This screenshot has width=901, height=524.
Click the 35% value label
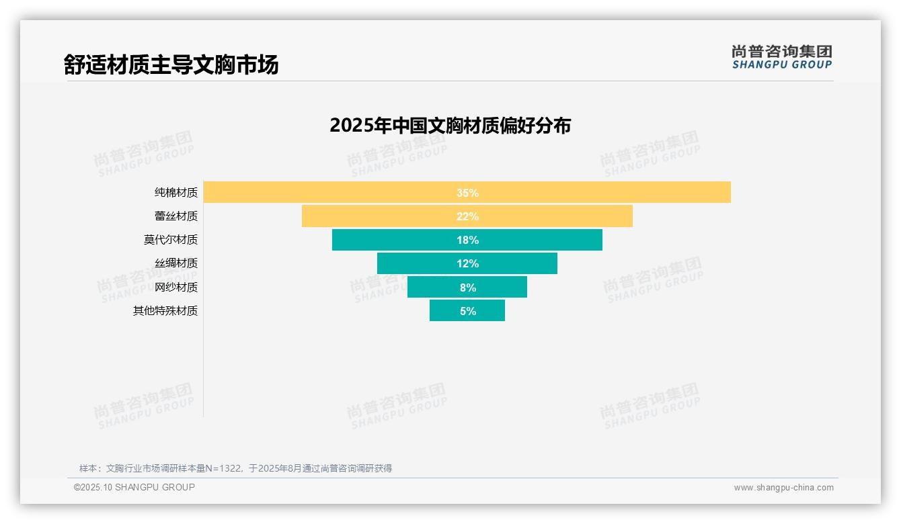[x=467, y=193]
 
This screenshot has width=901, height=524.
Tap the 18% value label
[x=467, y=240]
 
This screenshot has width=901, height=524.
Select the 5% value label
[x=467, y=311]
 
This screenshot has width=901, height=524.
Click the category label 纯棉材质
[x=176, y=193]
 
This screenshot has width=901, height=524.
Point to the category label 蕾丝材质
[x=176, y=216]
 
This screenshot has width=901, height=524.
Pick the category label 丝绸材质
[x=176, y=263]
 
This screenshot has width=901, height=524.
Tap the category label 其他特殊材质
[x=165, y=311]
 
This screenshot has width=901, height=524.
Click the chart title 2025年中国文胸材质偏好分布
[x=450, y=126]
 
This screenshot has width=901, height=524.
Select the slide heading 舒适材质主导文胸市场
[x=171, y=65]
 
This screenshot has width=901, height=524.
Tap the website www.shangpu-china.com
[x=783, y=488]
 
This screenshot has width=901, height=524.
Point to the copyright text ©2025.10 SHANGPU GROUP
[x=134, y=487]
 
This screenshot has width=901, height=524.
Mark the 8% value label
[x=467, y=288]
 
